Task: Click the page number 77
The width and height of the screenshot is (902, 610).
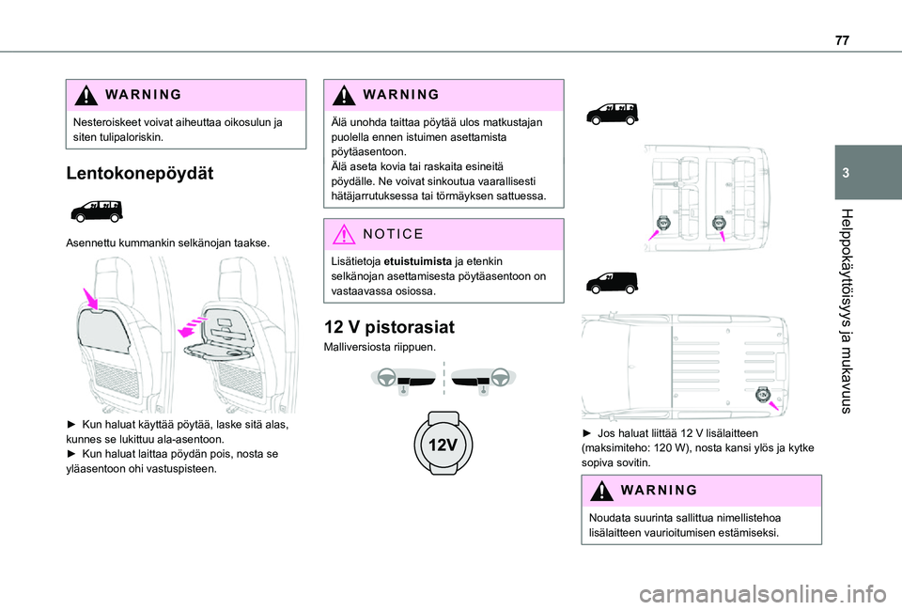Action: (x=842, y=40)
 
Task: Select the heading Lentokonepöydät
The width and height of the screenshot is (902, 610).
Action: (x=140, y=173)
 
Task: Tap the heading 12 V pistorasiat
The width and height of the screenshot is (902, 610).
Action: (x=389, y=327)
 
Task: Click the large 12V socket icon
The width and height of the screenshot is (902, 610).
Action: (x=443, y=444)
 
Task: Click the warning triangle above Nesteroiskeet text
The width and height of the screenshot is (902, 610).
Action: (x=86, y=95)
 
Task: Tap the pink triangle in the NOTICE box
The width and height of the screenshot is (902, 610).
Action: (x=344, y=234)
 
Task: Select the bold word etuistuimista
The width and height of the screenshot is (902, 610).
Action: (x=417, y=261)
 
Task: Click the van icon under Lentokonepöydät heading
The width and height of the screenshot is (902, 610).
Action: (x=97, y=211)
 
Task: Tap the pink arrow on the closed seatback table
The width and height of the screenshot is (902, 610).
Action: (x=90, y=299)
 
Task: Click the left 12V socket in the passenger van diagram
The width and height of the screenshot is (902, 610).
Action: (x=662, y=223)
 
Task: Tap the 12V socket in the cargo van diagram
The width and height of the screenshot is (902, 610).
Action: (x=762, y=395)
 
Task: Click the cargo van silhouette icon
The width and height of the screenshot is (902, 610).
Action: (x=612, y=283)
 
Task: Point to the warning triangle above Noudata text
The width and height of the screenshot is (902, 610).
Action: (x=601, y=491)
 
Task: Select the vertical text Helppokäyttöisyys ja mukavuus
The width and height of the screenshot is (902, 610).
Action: (x=845, y=311)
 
